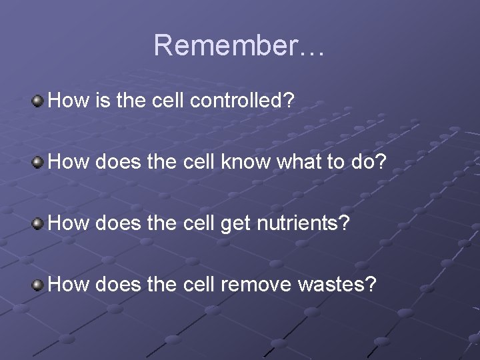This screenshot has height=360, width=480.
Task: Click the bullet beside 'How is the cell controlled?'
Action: (x=39, y=101)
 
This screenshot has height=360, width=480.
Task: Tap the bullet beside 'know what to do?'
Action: (x=39, y=162)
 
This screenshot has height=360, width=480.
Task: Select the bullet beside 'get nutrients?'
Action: (x=39, y=223)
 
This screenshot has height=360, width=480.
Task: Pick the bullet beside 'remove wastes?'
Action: (x=39, y=285)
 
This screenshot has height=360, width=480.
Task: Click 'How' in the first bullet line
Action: (x=69, y=101)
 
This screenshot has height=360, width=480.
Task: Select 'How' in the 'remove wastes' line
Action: (x=69, y=285)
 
